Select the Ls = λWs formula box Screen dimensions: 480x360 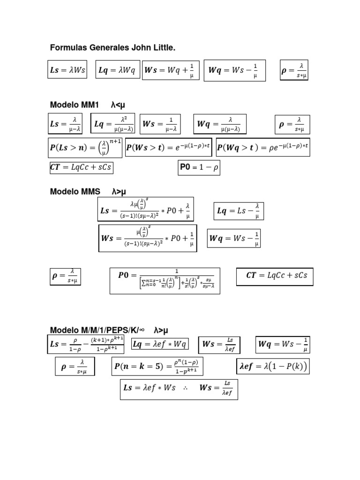(67, 70)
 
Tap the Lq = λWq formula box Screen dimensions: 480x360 (117, 70)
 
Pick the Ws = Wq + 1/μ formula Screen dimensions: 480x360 (171, 70)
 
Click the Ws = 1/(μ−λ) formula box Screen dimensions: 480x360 (160, 124)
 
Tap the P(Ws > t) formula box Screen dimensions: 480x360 (168, 148)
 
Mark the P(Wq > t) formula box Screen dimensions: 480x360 (263, 148)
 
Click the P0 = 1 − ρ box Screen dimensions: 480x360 (199, 168)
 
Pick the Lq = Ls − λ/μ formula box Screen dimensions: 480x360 (239, 211)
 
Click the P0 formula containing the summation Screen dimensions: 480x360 (165, 280)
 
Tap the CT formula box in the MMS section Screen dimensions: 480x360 (275, 276)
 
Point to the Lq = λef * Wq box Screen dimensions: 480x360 (160, 345)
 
